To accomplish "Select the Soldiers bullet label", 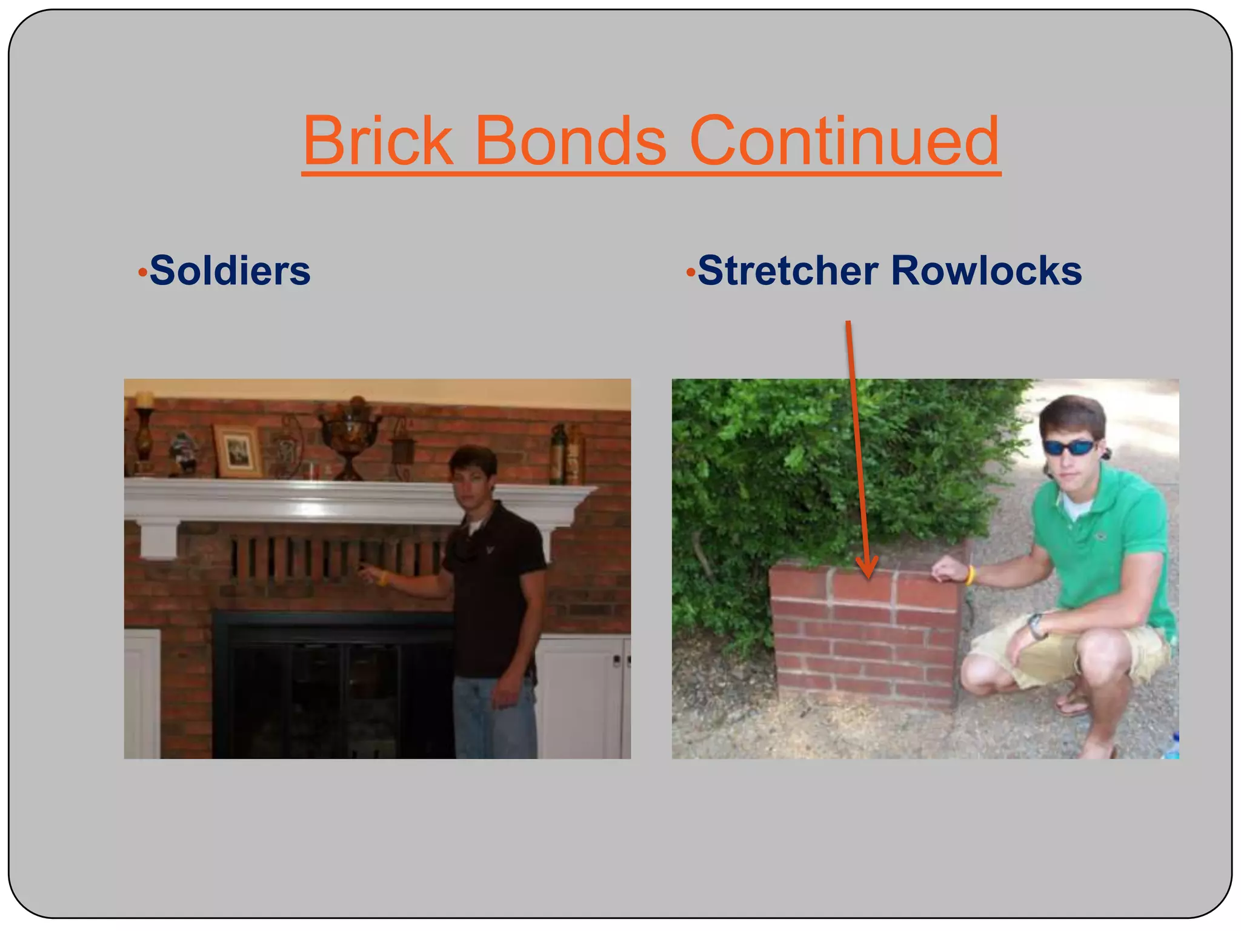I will click(x=230, y=270).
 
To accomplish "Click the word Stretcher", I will click(x=788, y=270).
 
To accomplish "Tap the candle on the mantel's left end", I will click(x=144, y=400).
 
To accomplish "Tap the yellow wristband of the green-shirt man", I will click(x=970, y=574).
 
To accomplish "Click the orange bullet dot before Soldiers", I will click(x=142, y=273).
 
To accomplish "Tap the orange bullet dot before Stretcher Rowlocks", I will click(x=690, y=273).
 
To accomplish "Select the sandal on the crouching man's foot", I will click(x=1073, y=704).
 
